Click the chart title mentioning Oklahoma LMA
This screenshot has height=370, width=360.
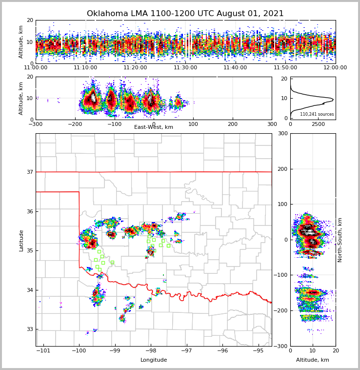[185, 14]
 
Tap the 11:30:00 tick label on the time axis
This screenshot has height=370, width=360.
[185, 68]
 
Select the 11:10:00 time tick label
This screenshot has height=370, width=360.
[85, 68]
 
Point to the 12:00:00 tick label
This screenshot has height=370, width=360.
[335, 68]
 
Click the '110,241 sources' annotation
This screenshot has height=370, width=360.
[317, 114]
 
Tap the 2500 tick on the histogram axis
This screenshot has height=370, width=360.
[318, 124]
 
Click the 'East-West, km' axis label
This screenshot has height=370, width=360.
[153, 127]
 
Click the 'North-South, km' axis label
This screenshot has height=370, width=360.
[340, 240]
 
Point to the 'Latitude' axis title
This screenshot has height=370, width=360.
[21, 240]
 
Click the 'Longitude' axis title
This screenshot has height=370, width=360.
[153, 360]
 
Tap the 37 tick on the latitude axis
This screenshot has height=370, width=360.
[30, 172]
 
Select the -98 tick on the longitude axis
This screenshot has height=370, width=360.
[151, 350]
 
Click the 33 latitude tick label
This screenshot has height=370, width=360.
[30, 329]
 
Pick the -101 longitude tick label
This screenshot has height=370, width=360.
[43, 350]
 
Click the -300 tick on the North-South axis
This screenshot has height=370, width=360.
[281, 346]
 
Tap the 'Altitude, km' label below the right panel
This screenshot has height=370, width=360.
[312, 360]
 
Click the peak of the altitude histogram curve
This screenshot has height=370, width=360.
[333, 100]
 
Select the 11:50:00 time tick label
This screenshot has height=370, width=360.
[285, 68]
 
